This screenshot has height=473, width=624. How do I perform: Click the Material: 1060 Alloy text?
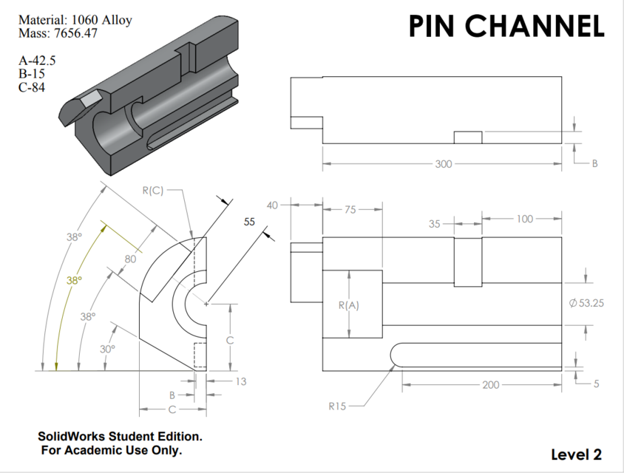coord(75,20)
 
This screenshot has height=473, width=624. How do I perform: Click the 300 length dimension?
coord(442,163)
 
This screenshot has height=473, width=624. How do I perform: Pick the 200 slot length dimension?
coord(490,384)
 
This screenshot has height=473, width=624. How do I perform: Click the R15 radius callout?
coord(337,406)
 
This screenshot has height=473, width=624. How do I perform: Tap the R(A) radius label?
coord(348,304)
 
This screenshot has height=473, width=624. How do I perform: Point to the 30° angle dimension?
coord(107,349)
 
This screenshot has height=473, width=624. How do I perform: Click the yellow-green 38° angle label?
coord(75,281)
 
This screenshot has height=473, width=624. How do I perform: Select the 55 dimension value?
coord(248,221)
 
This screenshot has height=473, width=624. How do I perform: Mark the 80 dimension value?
coord(130,259)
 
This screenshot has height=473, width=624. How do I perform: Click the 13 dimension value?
coord(240,381)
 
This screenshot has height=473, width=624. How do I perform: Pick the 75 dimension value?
coord(350,209)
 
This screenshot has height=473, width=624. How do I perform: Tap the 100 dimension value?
coord(524,220)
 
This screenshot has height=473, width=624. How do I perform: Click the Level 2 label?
coord(577,454)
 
